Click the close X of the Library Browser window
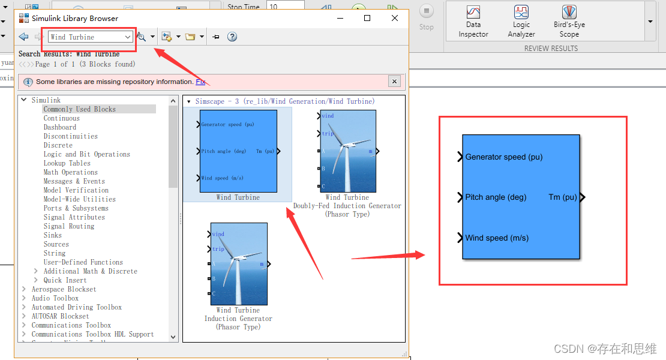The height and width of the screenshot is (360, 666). [x=395, y=18]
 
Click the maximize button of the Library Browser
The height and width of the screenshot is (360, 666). [x=367, y=18]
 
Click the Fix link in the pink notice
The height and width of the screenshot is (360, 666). [x=200, y=82]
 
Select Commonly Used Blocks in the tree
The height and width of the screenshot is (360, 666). [x=79, y=109]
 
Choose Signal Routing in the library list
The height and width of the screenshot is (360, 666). [x=68, y=226]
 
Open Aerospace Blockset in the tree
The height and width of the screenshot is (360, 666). [x=64, y=289]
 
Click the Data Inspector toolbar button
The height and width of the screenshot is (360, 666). [x=473, y=21]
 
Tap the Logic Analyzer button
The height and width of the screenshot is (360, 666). [x=521, y=21]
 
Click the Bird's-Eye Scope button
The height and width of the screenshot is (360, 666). [x=569, y=21]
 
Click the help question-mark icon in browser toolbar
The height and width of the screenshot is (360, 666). [x=232, y=37]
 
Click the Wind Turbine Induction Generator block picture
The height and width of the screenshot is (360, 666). [x=239, y=263]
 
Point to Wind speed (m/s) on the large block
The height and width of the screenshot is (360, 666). [x=497, y=238]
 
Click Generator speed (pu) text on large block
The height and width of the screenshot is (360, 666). [x=503, y=157]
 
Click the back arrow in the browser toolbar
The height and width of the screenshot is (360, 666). [x=23, y=37]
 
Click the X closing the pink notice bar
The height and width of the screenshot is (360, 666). [x=394, y=82]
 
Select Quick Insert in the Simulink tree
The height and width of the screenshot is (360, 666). [x=65, y=280]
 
